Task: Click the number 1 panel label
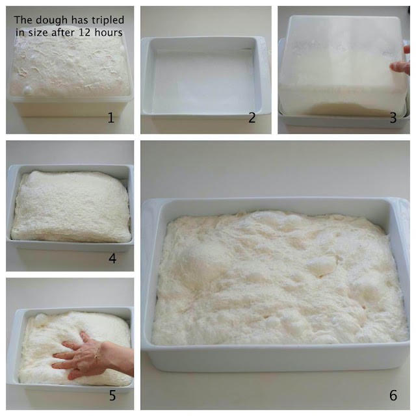pos(111,118)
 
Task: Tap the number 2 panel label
pos(252,118)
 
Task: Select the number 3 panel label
pos(393,118)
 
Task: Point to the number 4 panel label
pos(112,259)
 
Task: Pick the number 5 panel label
pos(112,395)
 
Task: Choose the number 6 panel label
pos(393,395)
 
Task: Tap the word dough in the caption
pos(49,20)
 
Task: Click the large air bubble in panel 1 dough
pos(27,90)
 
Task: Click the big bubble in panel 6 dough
pos(321,266)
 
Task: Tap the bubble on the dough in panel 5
pos(41,318)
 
